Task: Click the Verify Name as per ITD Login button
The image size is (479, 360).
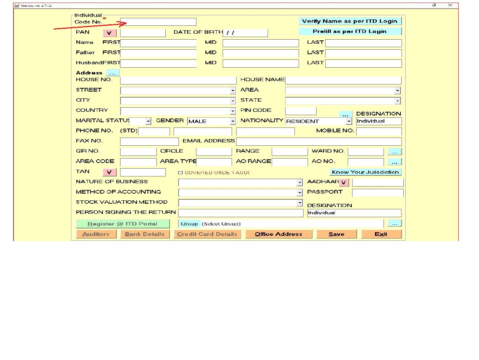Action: tap(350, 21)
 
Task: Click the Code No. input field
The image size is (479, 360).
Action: tap(158, 22)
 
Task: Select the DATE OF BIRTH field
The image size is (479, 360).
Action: tap(245, 33)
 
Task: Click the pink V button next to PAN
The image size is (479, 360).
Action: tap(109, 33)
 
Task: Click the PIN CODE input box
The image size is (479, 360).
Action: tap(300, 111)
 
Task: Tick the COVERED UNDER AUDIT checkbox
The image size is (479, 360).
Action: tap(180, 173)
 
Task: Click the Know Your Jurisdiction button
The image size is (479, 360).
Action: tap(365, 172)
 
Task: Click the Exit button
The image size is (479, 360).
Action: tap(381, 234)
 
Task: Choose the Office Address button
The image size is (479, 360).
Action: tap(278, 234)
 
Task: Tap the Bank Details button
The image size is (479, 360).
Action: tap(144, 234)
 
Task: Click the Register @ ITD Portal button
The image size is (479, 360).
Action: tap(122, 224)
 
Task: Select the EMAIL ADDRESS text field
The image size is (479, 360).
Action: tap(318, 141)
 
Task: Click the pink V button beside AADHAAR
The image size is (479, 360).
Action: tap(344, 182)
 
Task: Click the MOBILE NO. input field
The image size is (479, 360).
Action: tap(379, 131)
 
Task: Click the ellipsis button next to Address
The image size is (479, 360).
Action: tap(112, 73)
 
